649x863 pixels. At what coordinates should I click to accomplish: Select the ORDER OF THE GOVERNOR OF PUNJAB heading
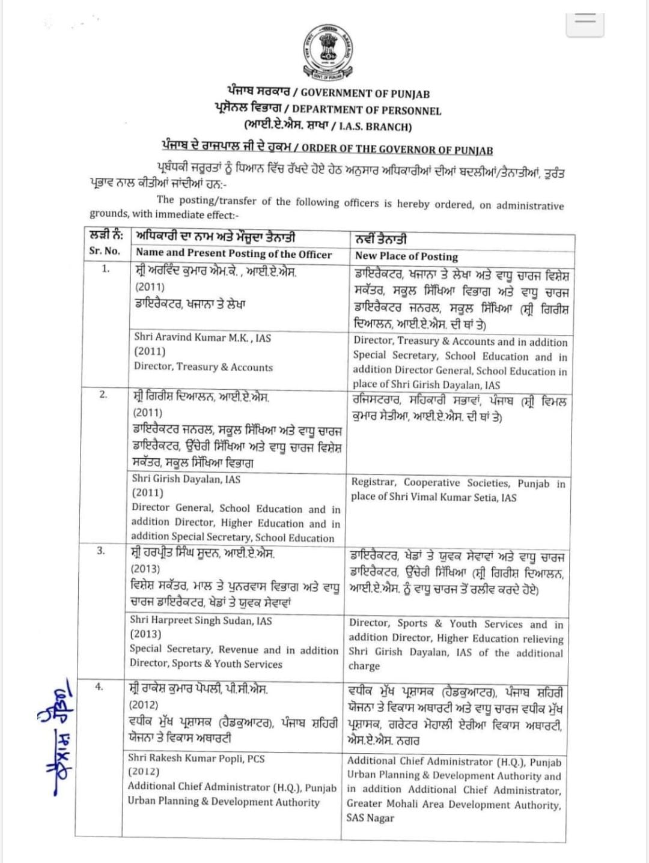tap(397, 149)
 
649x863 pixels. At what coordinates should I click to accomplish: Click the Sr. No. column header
tap(105, 251)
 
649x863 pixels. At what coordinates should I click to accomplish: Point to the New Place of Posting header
tap(406, 256)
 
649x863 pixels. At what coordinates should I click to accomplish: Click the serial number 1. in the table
tap(106, 268)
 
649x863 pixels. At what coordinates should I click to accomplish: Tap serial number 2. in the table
tap(103, 395)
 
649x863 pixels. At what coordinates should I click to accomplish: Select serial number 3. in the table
tap(102, 550)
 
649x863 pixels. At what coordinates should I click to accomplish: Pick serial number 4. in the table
tap(99, 687)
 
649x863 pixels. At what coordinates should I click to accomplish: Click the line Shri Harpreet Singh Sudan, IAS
tap(201, 620)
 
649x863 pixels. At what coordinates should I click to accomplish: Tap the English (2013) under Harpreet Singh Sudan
tap(145, 634)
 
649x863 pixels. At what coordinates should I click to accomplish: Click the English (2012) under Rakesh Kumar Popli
tap(144, 772)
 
